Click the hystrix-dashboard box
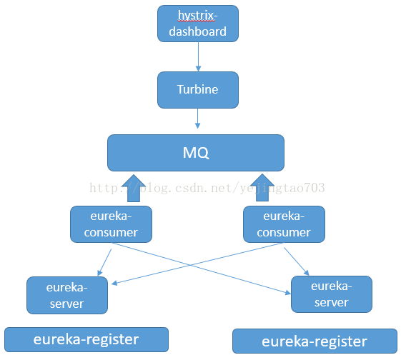[197, 24]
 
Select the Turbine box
[197, 90]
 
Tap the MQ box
[195, 152]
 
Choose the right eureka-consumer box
[284, 224]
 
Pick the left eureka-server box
[66, 295]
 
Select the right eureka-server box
[332, 294]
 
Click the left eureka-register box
[86, 339]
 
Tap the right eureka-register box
[315, 341]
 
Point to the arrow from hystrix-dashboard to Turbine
[197, 56]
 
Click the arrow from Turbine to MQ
[197, 121]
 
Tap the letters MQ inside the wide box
[195, 153]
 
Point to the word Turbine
[197, 90]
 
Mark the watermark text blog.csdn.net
[187, 188]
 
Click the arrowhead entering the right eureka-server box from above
[307, 272]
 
